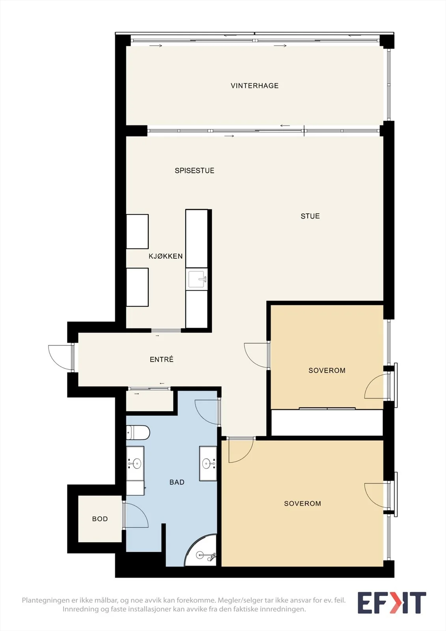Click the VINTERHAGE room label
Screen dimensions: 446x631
tap(254, 86)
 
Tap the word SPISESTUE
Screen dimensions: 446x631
tap(194, 170)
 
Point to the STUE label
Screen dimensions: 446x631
tap(310, 216)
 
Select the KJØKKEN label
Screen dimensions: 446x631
tap(166, 256)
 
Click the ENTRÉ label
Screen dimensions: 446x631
tap(161, 359)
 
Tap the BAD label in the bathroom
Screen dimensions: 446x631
tap(177, 482)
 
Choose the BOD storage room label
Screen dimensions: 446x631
tap(100, 519)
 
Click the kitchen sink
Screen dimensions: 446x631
tap(197, 279)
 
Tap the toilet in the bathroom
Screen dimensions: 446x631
tap(138, 432)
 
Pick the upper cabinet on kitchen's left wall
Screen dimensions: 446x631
tap(137, 231)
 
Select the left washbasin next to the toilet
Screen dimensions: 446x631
tap(135, 463)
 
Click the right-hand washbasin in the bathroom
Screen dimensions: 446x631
tap(208, 463)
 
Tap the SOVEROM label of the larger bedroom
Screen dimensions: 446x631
tap(302, 503)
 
